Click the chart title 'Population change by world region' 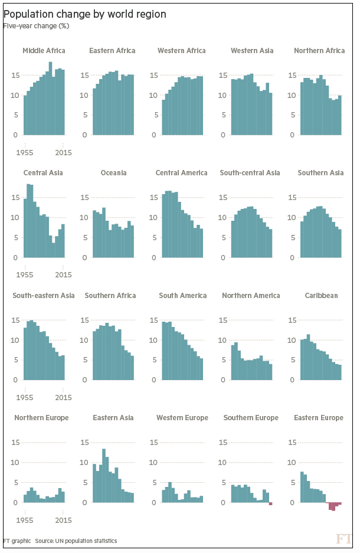84,14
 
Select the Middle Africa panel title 44,51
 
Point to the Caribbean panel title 321,295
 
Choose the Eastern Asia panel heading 112,418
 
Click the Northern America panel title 251,295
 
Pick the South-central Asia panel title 250,173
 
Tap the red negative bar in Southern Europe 270,504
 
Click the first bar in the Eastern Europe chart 302,487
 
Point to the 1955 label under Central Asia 24,275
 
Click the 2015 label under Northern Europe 63,520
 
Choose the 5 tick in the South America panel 153,360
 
